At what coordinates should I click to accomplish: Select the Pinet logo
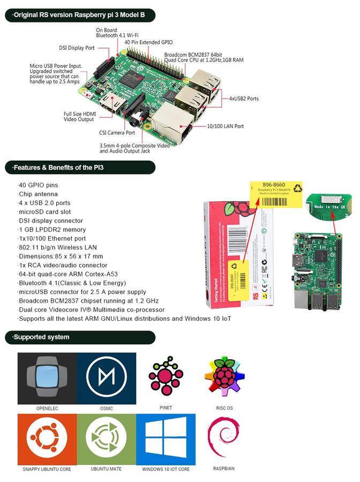coord(166,375)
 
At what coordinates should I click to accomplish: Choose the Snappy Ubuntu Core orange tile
coord(47,439)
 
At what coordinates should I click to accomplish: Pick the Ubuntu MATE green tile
coord(106,439)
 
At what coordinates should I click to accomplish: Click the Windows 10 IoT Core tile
coord(166,439)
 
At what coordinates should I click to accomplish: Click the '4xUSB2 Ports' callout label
coord(244,99)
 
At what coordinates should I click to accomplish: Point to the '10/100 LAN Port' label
coord(225,126)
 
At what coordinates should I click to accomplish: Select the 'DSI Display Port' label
coord(76,47)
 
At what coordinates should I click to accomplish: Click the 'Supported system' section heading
coord(41,337)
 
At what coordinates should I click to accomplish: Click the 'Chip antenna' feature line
coord(38,194)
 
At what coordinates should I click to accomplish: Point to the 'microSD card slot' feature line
coord(46,212)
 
